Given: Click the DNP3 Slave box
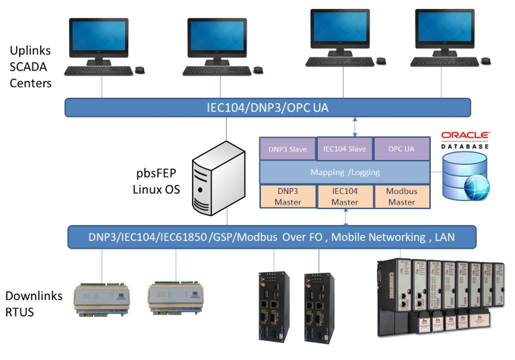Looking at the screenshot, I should coord(287,149).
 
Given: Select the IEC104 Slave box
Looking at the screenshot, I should coord(345,149).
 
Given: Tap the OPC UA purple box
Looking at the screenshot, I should coord(402,149).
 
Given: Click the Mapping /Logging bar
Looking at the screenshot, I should coord(345,173).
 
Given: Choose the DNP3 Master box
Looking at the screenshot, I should coord(287,196).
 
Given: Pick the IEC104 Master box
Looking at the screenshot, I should coord(345,196).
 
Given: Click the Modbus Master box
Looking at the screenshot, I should coord(402,196).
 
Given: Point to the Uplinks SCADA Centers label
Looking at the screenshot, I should coord(30,67).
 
